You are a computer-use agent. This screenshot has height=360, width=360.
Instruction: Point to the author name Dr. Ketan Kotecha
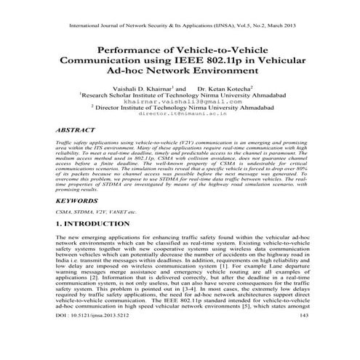226,87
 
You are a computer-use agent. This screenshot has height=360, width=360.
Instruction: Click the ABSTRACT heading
78,129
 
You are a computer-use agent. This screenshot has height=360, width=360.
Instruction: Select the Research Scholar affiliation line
180,95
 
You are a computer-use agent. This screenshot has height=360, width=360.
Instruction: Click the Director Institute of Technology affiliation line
180,108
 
